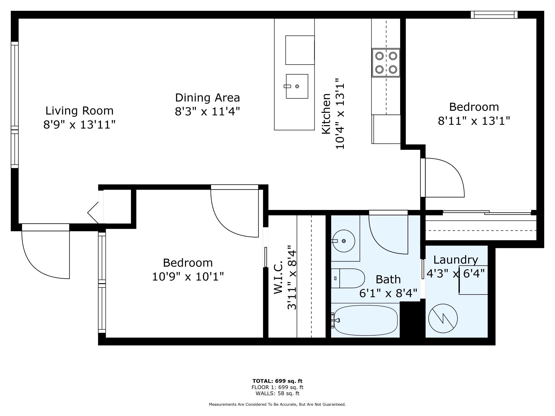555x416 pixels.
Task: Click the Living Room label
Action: point(79,111)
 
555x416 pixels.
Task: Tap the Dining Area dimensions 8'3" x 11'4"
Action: point(207,112)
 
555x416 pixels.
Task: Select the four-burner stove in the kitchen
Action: point(386,63)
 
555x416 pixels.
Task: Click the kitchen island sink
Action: point(297,86)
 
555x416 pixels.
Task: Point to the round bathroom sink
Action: point(344,241)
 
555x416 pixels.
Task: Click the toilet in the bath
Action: point(348,278)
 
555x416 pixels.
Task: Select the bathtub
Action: point(365,320)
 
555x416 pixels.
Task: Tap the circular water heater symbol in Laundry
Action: point(443,318)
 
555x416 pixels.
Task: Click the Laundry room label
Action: point(456,260)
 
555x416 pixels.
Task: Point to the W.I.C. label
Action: point(278,277)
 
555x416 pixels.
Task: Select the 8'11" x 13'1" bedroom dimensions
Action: point(474,121)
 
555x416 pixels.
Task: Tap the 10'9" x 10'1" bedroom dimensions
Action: point(188,277)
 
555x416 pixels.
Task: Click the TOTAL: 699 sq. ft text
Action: point(277,381)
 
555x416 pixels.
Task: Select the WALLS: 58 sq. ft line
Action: point(277,393)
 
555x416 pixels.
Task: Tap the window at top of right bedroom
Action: point(494,15)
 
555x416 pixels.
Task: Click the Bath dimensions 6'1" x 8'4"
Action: point(388,293)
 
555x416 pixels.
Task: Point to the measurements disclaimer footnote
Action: point(277,405)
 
